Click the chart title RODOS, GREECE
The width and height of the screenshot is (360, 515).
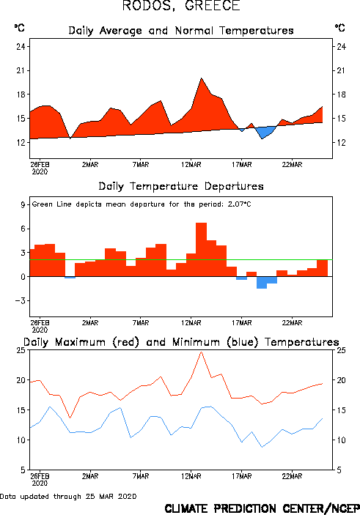(181, 6)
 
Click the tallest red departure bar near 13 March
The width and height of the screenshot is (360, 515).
(201, 249)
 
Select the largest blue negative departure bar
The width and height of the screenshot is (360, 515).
(262, 283)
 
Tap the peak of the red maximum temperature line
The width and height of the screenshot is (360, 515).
(201, 352)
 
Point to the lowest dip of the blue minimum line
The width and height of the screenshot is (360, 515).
(262, 447)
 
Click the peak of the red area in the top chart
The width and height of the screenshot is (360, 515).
(201, 78)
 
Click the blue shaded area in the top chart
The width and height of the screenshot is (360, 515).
(265, 131)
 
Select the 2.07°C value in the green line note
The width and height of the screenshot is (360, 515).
(239, 204)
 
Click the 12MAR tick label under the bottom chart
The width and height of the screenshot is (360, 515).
(191, 476)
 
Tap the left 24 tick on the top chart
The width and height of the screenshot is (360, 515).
(21, 46)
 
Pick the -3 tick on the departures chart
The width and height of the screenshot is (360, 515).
(20, 300)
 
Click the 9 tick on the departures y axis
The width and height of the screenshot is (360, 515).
(23, 204)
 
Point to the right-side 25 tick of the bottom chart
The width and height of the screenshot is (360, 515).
(341, 350)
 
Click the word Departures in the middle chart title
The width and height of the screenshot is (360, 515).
(234, 187)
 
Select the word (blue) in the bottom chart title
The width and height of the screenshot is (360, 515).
(243, 342)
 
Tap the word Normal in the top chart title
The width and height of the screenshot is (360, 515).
(194, 31)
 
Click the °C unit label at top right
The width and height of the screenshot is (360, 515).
(340, 27)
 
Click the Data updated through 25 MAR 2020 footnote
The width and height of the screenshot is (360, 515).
(68, 496)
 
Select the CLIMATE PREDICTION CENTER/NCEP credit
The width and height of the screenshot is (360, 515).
(262, 508)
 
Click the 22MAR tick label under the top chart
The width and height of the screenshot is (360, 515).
(292, 165)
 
